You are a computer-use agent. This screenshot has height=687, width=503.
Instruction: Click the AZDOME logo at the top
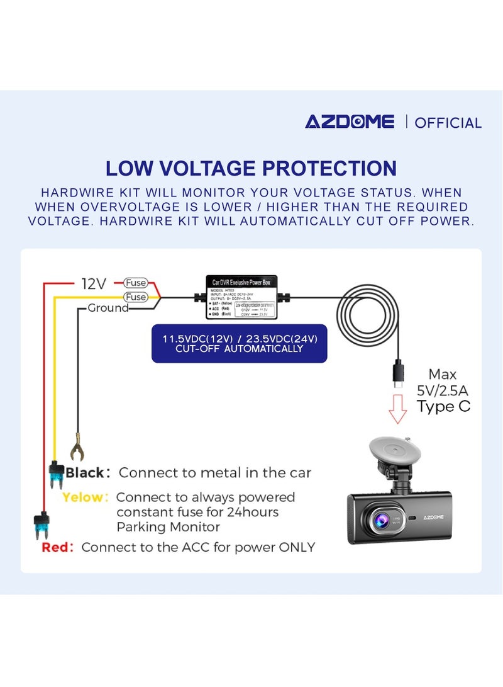(x=350, y=122)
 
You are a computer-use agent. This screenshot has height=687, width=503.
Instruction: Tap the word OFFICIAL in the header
(x=448, y=122)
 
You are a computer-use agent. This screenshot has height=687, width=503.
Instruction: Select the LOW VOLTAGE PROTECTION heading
(x=251, y=168)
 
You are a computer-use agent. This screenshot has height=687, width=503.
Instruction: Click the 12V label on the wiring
(x=94, y=284)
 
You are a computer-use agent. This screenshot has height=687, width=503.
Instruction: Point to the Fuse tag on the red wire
(x=135, y=283)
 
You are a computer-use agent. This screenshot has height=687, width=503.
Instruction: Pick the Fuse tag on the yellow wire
(x=135, y=297)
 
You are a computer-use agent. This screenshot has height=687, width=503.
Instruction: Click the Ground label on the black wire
(x=108, y=308)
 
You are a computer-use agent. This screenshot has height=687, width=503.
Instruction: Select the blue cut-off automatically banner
(x=239, y=343)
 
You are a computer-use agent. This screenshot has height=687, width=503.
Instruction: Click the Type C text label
(x=443, y=406)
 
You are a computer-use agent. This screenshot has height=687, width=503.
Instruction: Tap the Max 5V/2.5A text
(x=443, y=382)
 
